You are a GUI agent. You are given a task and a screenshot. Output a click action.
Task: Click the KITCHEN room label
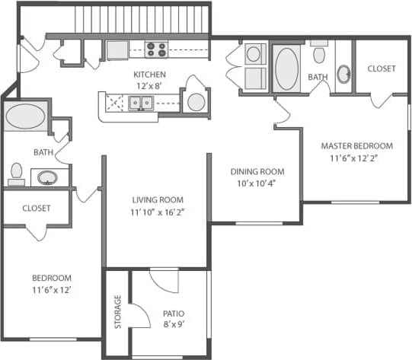pos(149,75)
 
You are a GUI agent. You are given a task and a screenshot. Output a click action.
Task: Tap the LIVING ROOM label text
pos(158,200)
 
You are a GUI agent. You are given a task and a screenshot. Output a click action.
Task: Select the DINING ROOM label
pos(257,172)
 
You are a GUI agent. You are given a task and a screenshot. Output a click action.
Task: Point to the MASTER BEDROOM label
pos(356,146)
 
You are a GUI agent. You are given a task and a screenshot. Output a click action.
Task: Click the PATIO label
pos(174,314)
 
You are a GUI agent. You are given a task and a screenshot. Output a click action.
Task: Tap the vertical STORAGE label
pos(118,312)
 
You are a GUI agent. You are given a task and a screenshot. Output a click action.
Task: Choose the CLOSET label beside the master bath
pos(381,68)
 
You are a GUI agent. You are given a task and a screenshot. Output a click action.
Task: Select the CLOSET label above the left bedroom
pos(36,208)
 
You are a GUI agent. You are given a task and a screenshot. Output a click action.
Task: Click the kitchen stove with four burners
pos(156,50)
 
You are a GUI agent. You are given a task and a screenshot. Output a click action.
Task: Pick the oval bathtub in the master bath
pos(286,68)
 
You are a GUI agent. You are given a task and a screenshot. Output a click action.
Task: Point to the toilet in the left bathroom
pos(16,174)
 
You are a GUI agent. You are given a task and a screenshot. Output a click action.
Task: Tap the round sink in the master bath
pos(344,74)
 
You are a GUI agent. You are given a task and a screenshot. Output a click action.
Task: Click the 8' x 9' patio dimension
pos(174,325)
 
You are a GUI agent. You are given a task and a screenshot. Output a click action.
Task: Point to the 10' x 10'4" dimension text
pos(257,183)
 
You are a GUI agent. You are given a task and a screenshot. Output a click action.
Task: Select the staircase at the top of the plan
pos(142,18)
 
